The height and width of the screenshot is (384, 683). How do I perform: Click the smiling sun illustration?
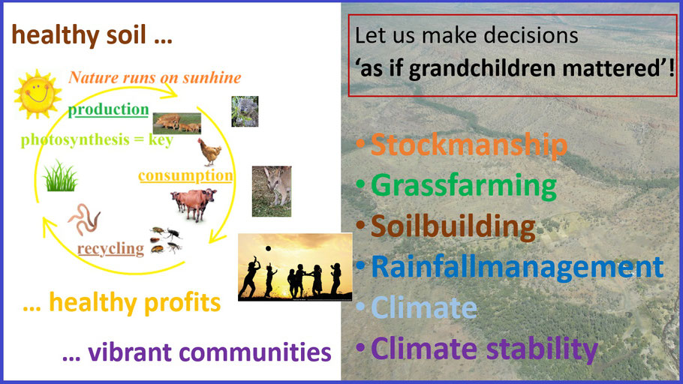[x=37, y=94]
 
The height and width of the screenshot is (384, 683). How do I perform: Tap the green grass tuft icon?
[x=60, y=176]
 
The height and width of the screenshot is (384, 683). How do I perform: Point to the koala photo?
[x=245, y=112]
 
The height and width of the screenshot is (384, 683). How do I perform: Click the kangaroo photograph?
[x=272, y=191]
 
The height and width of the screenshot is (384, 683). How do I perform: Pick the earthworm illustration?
[x=84, y=220]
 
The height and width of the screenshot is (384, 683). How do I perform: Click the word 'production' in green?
[x=109, y=109]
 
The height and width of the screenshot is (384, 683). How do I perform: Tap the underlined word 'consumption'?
[x=185, y=175]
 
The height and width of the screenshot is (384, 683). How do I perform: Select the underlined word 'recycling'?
[x=110, y=248]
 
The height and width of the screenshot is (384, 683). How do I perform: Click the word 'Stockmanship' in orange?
[x=469, y=145]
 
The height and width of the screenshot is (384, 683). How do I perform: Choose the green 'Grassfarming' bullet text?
[x=464, y=185]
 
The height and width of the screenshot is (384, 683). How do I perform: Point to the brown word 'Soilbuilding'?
[x=453, y=226]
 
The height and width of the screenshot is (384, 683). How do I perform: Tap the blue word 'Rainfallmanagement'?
[x=517, y=266]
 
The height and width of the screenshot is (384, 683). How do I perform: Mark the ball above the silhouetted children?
[x=269, y=248]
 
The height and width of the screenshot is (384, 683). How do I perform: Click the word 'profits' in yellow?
[x=182, y=302]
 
